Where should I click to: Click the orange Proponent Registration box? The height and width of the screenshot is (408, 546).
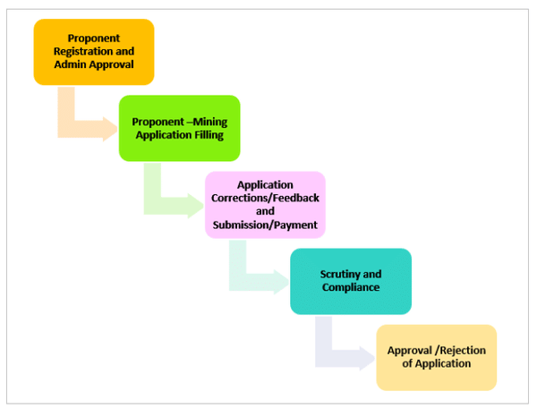tap(94, 51)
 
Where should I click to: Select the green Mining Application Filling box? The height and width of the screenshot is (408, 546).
tap(179, 128)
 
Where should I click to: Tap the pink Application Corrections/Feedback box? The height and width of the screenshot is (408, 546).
tap(265, 204)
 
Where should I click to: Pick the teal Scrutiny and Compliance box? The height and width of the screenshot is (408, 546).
tap(350, 281)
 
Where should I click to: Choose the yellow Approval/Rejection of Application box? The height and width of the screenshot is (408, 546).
tap(436, 357)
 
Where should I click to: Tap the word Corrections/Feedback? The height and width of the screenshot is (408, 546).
tap(265, 198)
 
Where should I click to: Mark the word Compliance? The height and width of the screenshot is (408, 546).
tap(350, 287)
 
